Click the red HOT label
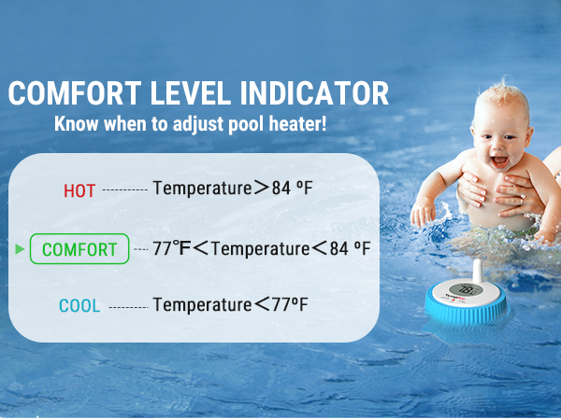point(79,190)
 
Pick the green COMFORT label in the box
point(79,249)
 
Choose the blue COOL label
point(79,305)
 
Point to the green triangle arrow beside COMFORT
point(19,249)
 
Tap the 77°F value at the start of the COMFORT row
point(174,248)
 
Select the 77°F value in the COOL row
point(288,304)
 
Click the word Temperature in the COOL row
point(202,304)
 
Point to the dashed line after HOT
point(124,190)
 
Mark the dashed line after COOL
point(128,306)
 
